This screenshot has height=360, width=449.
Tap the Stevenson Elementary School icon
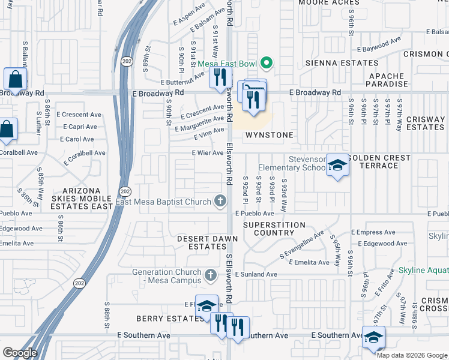[337, 166]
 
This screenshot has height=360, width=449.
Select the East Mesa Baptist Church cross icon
[220, 202]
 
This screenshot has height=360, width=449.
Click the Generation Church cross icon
[210, 275]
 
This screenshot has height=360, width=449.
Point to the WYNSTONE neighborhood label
[270, 135]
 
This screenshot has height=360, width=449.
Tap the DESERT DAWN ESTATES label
[207, 242]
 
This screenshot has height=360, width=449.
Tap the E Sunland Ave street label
[256, 274]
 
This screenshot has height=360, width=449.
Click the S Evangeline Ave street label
[302, 245]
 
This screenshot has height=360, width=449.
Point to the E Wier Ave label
[208, 153]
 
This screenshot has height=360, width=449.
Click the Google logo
[20, 353]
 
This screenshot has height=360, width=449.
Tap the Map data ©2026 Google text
[412, 355]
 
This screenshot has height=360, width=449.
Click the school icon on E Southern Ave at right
[373, 338]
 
